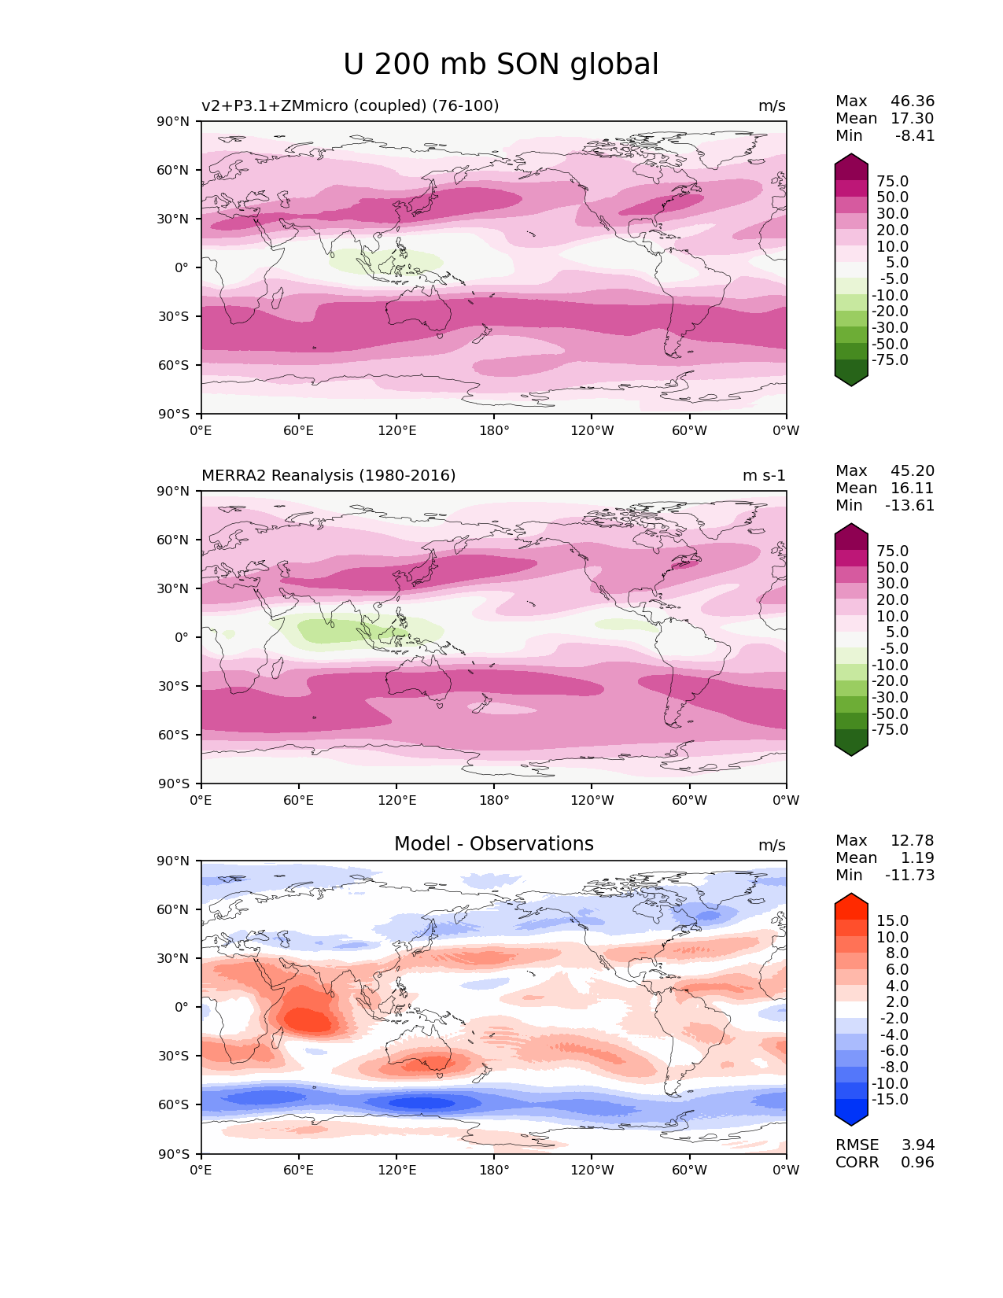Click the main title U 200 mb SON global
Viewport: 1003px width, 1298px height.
pos(501,65)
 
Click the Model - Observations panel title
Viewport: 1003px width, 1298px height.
pos(493,844)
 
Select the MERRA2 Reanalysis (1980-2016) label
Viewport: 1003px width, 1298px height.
pos(328,476)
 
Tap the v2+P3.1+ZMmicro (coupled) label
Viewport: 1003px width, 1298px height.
pos(350,106)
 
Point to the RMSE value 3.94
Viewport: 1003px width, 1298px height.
pos(917,1145)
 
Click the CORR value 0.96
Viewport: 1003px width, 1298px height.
pos(917,1162)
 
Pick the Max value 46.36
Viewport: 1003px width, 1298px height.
pos(913,101)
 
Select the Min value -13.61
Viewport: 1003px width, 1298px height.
pos(909,506)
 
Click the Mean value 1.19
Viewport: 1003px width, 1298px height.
pos(917,858)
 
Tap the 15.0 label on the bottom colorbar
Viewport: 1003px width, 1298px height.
pos(892,920)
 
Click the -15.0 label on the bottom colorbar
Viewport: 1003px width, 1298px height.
pos(890,1099)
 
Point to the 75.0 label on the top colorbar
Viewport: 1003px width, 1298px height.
pos(892,182)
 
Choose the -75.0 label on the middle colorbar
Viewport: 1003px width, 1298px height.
pos(890,729)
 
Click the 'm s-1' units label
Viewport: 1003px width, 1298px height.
pos(764,476)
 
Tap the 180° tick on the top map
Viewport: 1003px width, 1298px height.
pos(494,431)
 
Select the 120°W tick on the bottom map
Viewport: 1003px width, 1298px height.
pos(592,1171)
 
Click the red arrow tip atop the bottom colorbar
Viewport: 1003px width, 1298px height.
pos(851,898)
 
